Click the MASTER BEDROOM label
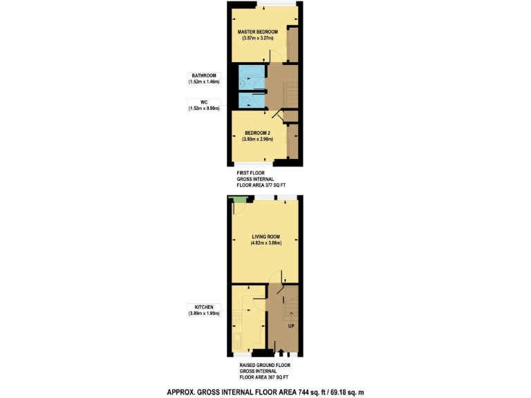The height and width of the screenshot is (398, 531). pos(257,32)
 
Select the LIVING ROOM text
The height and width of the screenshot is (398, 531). pos(265,236)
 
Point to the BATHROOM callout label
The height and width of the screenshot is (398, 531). pos(204,75)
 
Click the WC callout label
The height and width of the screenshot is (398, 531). pos(204,102)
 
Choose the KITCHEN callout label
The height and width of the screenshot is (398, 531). pos(204,307)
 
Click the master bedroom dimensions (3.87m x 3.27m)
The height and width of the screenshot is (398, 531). pos(257,39)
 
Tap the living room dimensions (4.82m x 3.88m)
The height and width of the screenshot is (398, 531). pos(265,243)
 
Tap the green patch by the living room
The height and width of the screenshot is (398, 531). pos(240,200)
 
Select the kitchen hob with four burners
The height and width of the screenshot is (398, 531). pos(237,319)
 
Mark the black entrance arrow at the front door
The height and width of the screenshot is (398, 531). pos(281,354)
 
